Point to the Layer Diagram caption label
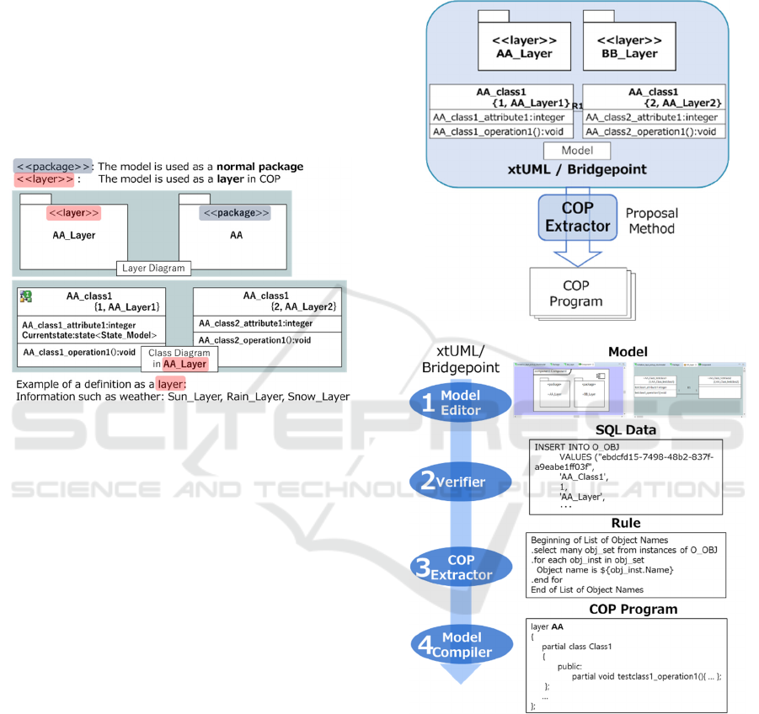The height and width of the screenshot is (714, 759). point(153,269)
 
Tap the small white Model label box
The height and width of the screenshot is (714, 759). point(575,150)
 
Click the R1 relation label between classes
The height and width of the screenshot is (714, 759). point(578,105)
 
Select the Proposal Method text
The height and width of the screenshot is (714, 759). point(651,221)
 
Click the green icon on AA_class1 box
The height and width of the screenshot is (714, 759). point(26,296)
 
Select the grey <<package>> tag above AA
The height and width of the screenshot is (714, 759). point(235,213)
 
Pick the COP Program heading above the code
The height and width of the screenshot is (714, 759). point(633,609)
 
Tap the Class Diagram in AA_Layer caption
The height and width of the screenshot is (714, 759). point(179,358)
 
